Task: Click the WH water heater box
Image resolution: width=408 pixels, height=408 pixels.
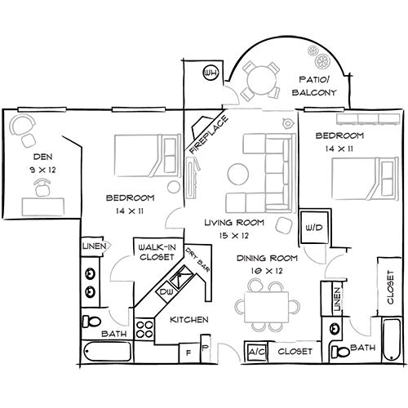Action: (x=211, y=74)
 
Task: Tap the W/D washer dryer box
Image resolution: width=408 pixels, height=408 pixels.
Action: (x=313, y=226)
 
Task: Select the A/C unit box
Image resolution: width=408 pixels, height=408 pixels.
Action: (x=256, y=352)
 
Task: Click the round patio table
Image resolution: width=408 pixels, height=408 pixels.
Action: (x=260, y=78)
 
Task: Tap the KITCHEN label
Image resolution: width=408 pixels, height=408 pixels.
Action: (x=188, y=320)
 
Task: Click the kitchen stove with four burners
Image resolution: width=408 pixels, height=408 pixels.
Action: (x=145, y=330)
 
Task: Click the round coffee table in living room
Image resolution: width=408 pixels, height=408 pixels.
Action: (x=239, y=175)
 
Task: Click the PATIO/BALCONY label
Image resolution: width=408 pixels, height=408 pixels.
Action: (x=313, y=86)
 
